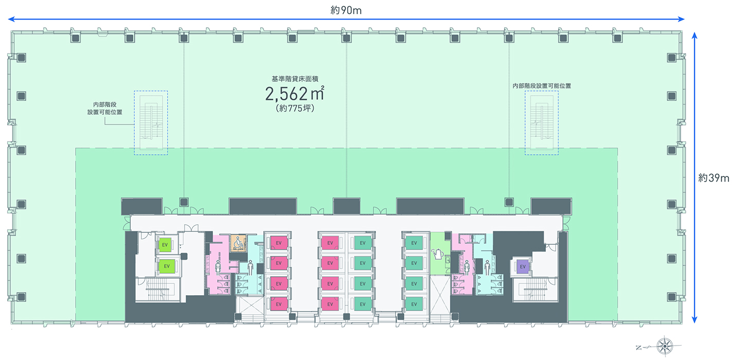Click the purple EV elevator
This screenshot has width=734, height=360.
pos(523,267)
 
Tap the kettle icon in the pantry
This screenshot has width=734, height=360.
pos(438,254)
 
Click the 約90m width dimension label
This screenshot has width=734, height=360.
pos(346,10)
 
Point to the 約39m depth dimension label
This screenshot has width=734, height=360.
pos(714,178)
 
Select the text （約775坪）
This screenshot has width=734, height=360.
pos(295,109)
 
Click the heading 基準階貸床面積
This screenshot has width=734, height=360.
pos(295,79)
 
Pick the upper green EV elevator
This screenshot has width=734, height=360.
pos(165,245)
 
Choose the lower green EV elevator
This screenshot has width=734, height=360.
pos(165,266)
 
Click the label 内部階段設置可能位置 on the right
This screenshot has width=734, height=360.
pos(541,86)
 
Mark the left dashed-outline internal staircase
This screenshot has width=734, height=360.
pos(151,123)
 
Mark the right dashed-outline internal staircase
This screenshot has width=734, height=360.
pos(541,123)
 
